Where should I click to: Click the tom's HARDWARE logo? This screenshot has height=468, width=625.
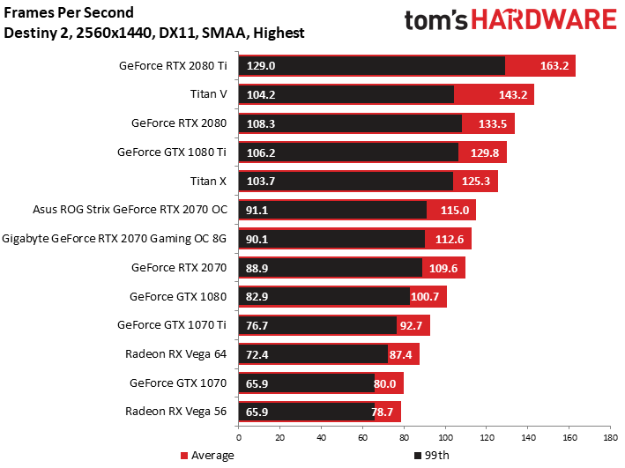[510, 21]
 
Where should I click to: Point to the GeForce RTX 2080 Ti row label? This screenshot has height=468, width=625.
[173, 65]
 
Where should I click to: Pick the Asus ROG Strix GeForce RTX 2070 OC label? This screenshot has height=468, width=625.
[130, 210]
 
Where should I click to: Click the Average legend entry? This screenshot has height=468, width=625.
[207, 456]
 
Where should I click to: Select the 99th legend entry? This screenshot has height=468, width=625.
[430, 456]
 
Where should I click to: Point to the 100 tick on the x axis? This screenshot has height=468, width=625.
[445, 437]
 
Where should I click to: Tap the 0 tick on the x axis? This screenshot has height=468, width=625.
[238, 437]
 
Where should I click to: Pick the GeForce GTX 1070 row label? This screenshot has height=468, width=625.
[178, 383]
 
